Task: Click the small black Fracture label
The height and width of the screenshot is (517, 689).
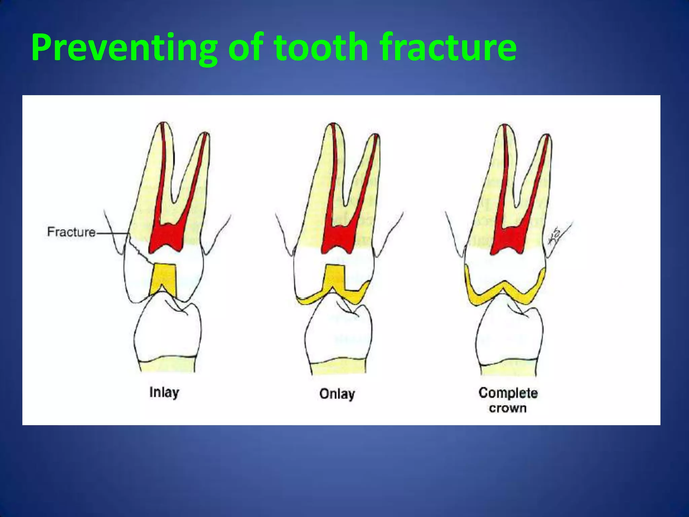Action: pos(71,232)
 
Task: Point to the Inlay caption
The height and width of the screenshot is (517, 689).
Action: pos(164,393)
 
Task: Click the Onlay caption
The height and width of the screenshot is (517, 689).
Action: pos(337,394)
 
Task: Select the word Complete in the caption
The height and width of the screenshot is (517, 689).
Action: pos(508,393)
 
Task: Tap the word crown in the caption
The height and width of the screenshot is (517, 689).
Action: pos(508,408)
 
